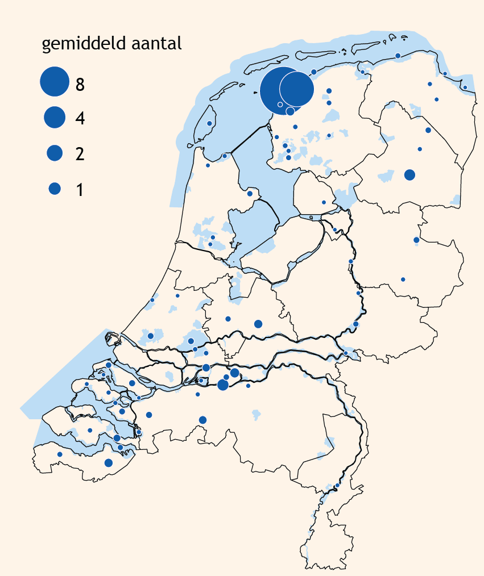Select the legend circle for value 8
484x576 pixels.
[55, 81]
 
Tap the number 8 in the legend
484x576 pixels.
[80, 85]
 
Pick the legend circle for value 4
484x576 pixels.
[55, 116]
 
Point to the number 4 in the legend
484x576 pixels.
[80, 119]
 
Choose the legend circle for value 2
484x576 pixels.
[55, 152]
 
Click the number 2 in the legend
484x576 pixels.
[80, 155]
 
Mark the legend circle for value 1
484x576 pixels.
[55, 189]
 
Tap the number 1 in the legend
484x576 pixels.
[80, 190]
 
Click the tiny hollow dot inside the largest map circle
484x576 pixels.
[280, 105]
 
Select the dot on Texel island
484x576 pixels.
[209, 123]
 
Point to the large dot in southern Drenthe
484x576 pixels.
[409, 174]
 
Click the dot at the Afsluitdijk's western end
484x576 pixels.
[225, 156]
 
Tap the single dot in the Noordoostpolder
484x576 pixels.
[324, 202]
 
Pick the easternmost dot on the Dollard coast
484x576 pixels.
[465, 87]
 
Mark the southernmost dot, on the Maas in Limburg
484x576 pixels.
[337, 486]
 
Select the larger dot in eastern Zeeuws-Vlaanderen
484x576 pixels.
[109, 463]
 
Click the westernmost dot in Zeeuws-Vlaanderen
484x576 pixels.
[60, 454]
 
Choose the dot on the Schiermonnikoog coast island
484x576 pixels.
[398, 55]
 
